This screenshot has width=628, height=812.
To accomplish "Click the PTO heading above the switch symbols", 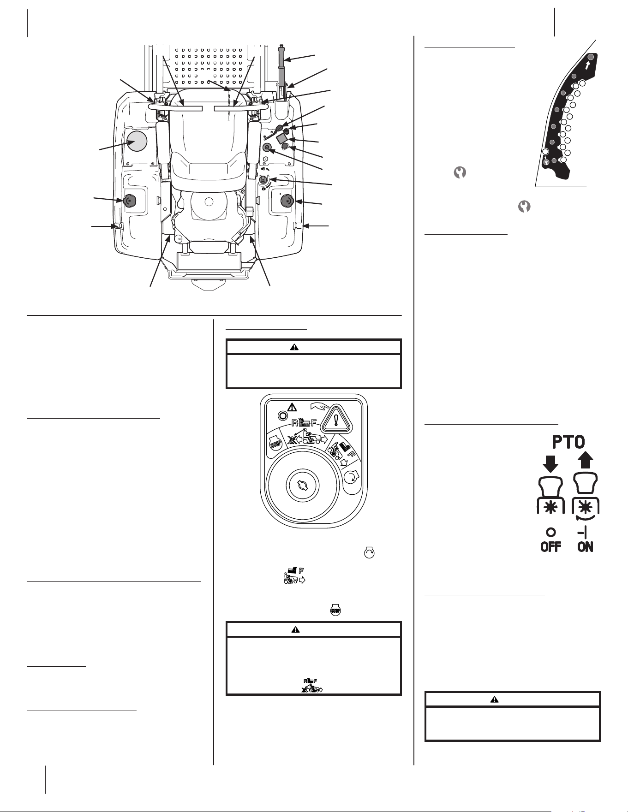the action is coord(568,442).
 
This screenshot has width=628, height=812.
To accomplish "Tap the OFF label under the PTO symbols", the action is coord(551,547).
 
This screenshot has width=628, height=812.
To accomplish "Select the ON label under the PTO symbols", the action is coord(585,547).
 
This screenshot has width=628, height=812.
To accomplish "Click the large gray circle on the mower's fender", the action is coord(137,142).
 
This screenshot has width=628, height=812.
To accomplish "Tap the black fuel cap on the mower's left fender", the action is coord(130,201).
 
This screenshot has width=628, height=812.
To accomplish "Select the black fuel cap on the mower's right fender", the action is coord(287,202).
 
